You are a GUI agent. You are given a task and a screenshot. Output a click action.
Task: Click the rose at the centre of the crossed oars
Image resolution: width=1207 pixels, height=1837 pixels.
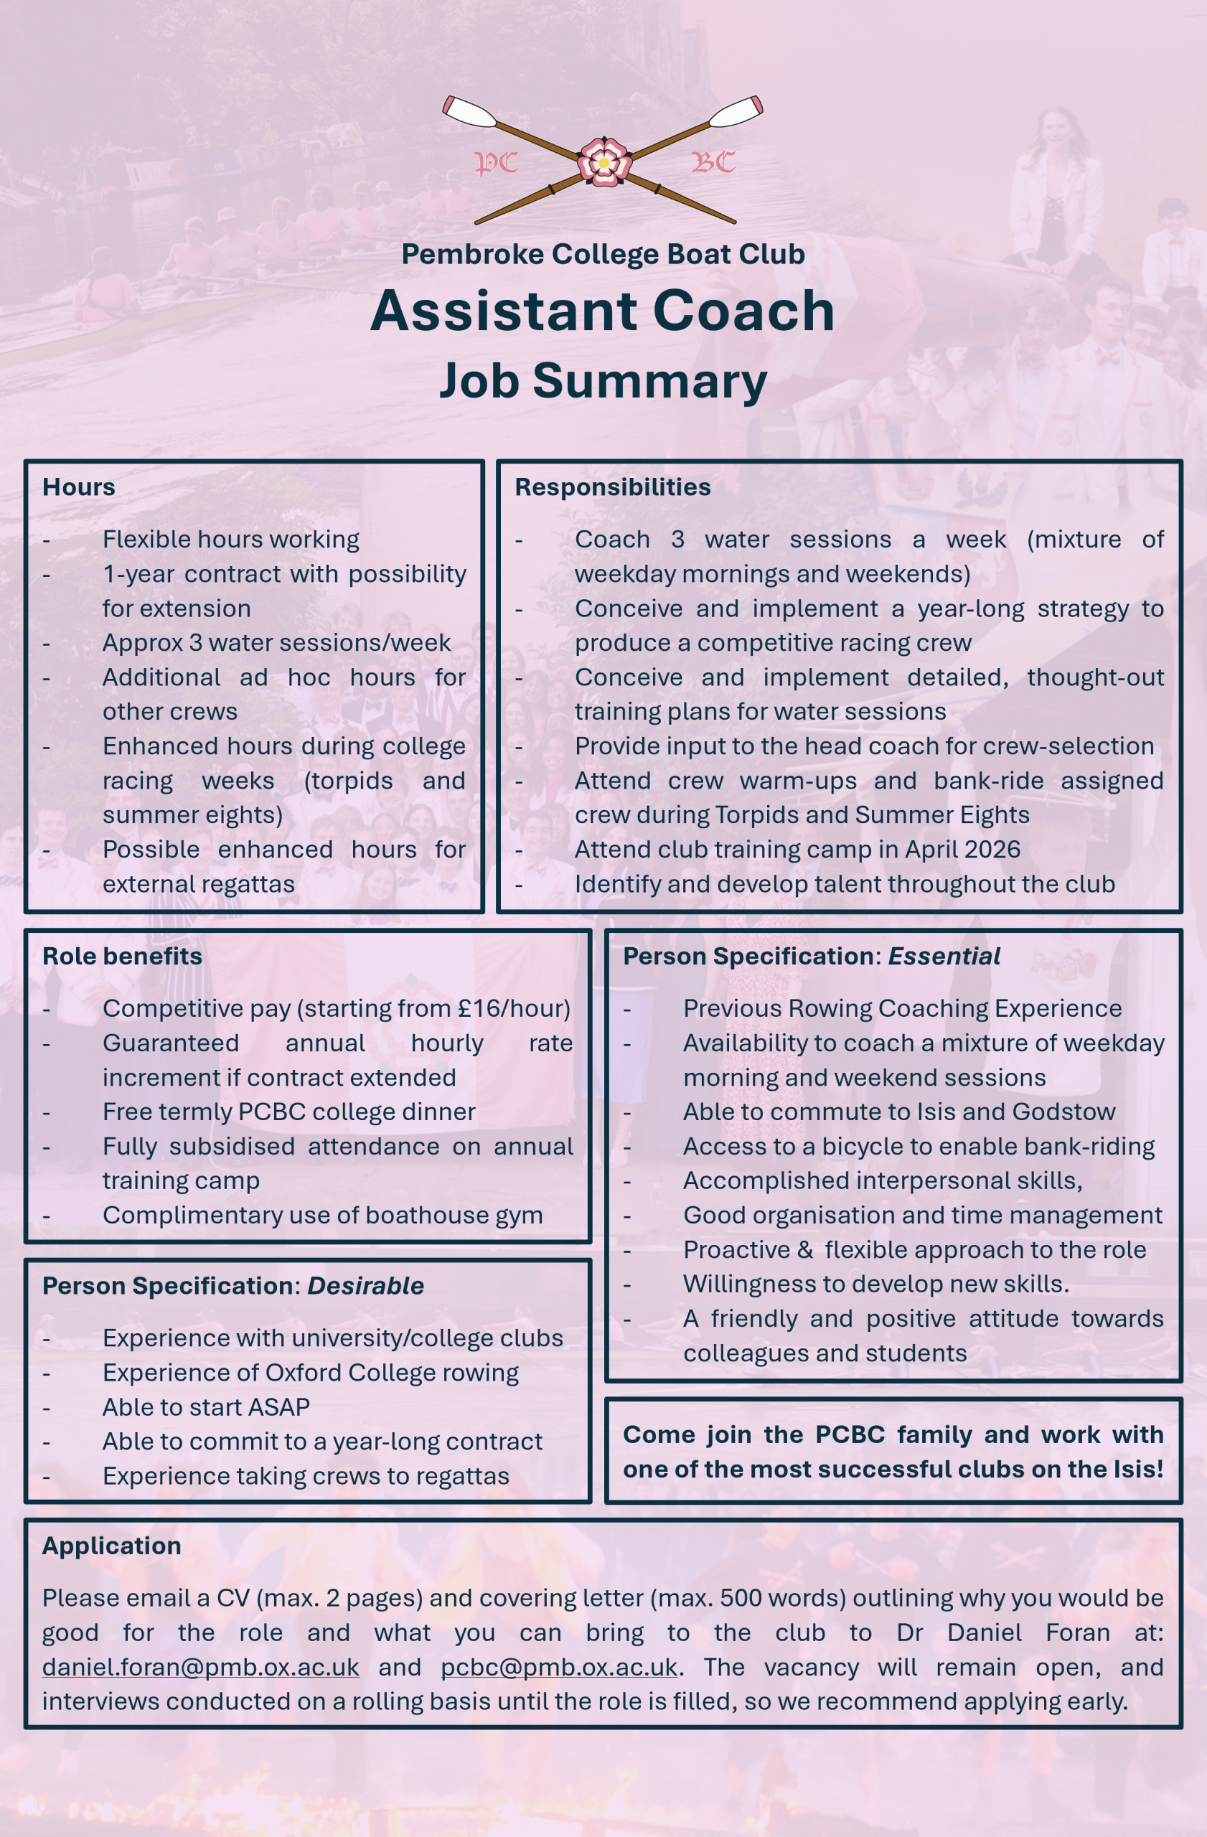coord(603,162)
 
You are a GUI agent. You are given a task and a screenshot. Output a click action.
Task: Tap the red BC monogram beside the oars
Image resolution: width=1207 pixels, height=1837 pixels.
coord(713,162)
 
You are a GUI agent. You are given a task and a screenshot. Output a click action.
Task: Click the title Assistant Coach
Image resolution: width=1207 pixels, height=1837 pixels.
coord(603,311)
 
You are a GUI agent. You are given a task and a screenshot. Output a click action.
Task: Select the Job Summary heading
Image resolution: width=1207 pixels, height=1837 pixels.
coord(603,380)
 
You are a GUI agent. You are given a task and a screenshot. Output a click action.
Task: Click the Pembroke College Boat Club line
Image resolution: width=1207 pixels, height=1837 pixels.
coord(603,254)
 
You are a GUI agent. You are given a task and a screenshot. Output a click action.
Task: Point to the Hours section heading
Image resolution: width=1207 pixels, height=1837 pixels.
coord(79,487)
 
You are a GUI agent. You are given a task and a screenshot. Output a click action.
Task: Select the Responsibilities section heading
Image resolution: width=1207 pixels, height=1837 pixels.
coord(612,487)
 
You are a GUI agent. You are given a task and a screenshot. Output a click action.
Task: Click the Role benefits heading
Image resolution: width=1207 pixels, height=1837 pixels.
coord(122,956)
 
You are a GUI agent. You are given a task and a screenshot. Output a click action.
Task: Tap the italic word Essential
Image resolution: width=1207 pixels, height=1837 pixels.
coord(944,956)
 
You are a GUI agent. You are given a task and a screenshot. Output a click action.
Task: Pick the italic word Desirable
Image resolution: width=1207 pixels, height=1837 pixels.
coord(365,1285)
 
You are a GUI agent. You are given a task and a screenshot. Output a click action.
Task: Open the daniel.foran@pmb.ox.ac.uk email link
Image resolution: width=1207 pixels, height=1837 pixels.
coord(201,1666)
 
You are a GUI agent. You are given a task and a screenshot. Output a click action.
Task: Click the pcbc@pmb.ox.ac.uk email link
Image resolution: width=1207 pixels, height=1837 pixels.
coord(559,1666)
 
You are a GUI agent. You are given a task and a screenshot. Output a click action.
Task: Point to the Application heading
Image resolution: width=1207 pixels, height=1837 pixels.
coord(111,1545)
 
